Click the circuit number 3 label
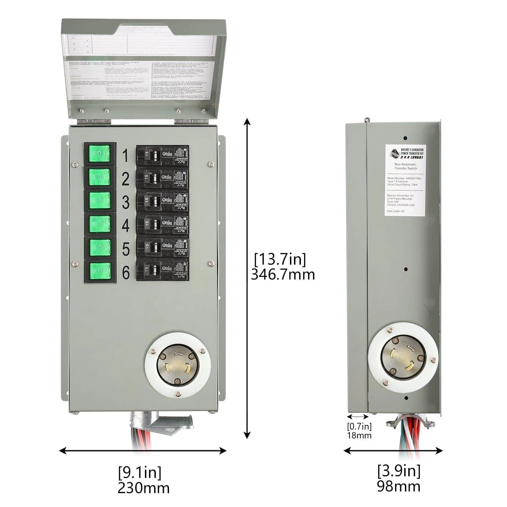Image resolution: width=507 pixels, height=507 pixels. [x=125, y=202]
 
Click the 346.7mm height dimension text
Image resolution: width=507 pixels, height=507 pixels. [x=283, y=274]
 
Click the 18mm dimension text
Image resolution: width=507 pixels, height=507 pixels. [x=359, y=435]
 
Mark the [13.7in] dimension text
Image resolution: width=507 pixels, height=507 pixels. [x=280, y=259]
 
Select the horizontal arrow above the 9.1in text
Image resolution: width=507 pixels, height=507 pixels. [x=143, y=450]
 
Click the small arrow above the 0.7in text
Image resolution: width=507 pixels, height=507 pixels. [x=358, y=417]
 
